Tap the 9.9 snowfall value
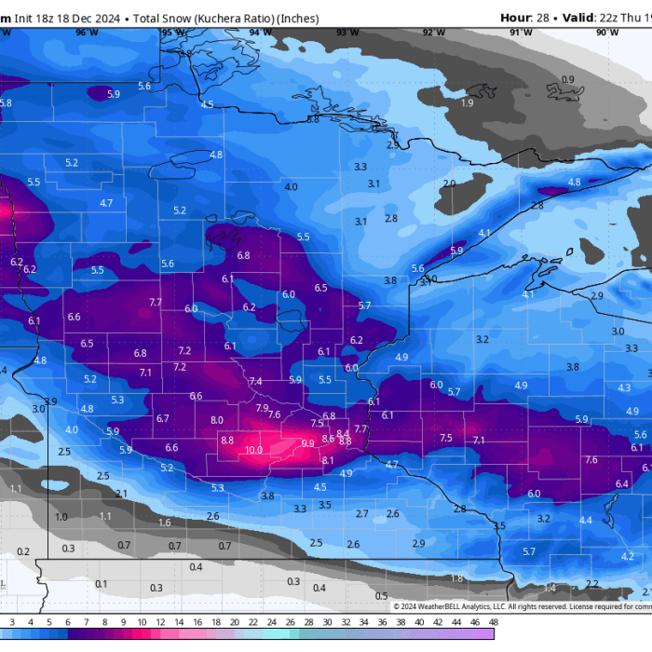(x=308, y=443)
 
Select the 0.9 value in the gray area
(x=567, y=80)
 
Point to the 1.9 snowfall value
(x=467, y=103)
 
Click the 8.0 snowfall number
(x=217, y=420)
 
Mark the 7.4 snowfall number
(x=255, y=382)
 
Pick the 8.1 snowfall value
(x=327, y=460)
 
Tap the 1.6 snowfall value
(x=165, y=523)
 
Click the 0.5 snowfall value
(x=381, y=596)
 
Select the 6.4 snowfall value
(x=622, y=483)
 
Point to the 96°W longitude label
(x=87, y=33)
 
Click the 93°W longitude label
(x=347, y=33)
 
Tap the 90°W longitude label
(x=607, y=33)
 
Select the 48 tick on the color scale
(x=493, y=621)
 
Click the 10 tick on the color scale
(x=141, y=621)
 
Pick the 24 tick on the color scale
(x=271, y=621)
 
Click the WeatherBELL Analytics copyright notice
(x=466, y=606)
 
